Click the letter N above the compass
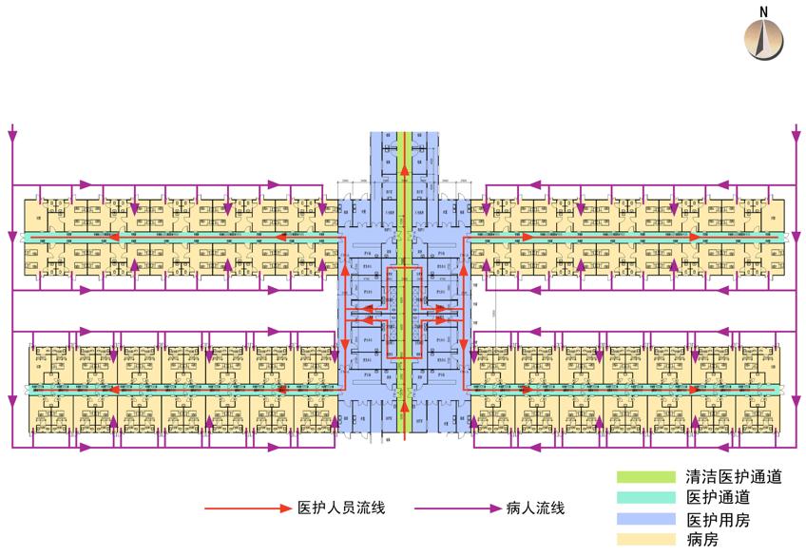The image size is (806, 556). (x=763, y=11)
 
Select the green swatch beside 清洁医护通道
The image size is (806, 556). (x=647, y=476)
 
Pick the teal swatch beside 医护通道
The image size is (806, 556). (x=647, y=498)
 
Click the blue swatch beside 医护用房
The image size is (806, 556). (x=647, y=520)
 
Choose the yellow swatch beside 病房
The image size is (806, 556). (x=647, y=541)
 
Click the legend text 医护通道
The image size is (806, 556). (x=719, y=498)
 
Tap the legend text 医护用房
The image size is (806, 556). (x=719, y=520)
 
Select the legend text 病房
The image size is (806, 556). (x=704, y=541)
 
